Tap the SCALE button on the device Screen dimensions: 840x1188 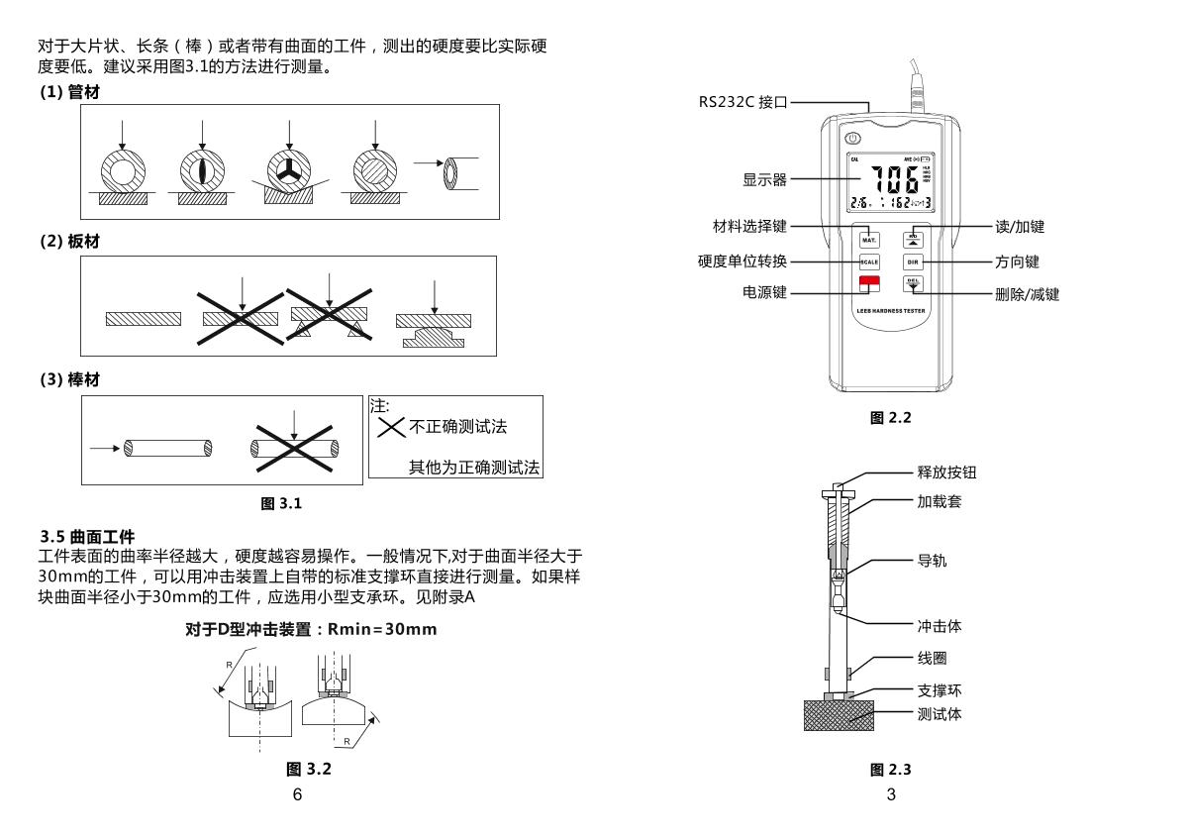coord(869,262)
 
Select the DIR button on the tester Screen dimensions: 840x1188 coord(914,262)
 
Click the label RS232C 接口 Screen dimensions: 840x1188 coord(742,102)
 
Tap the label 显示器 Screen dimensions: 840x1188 coord(764,180)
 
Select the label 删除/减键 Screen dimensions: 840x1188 coord(1027,294)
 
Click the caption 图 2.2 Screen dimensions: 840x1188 coord(890,418)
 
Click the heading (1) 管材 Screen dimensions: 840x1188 coord(69,92)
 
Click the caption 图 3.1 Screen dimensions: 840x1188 coord(281,503)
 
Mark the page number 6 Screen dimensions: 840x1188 coord(297,794)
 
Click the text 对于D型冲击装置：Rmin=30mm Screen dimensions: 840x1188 coord(311,629)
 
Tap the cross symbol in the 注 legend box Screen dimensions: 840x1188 coord(391,427)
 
